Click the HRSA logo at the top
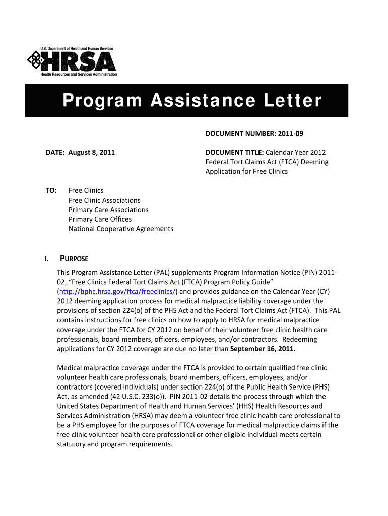(x=72, y=61)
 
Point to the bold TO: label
(x=51, y=190)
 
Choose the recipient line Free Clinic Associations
(x=104, y=200)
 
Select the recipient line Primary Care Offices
(x=100, y=219)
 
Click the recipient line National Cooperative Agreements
(x=120, y=229)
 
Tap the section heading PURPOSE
(x=74, y=259)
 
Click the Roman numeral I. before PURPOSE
(x=46, y=259)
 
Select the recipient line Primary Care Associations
(x=108, y=210)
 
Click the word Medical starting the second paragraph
(x=70, y=368)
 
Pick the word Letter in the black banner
(x=294, y=101)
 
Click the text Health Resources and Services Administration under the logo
(x=79, y=75)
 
